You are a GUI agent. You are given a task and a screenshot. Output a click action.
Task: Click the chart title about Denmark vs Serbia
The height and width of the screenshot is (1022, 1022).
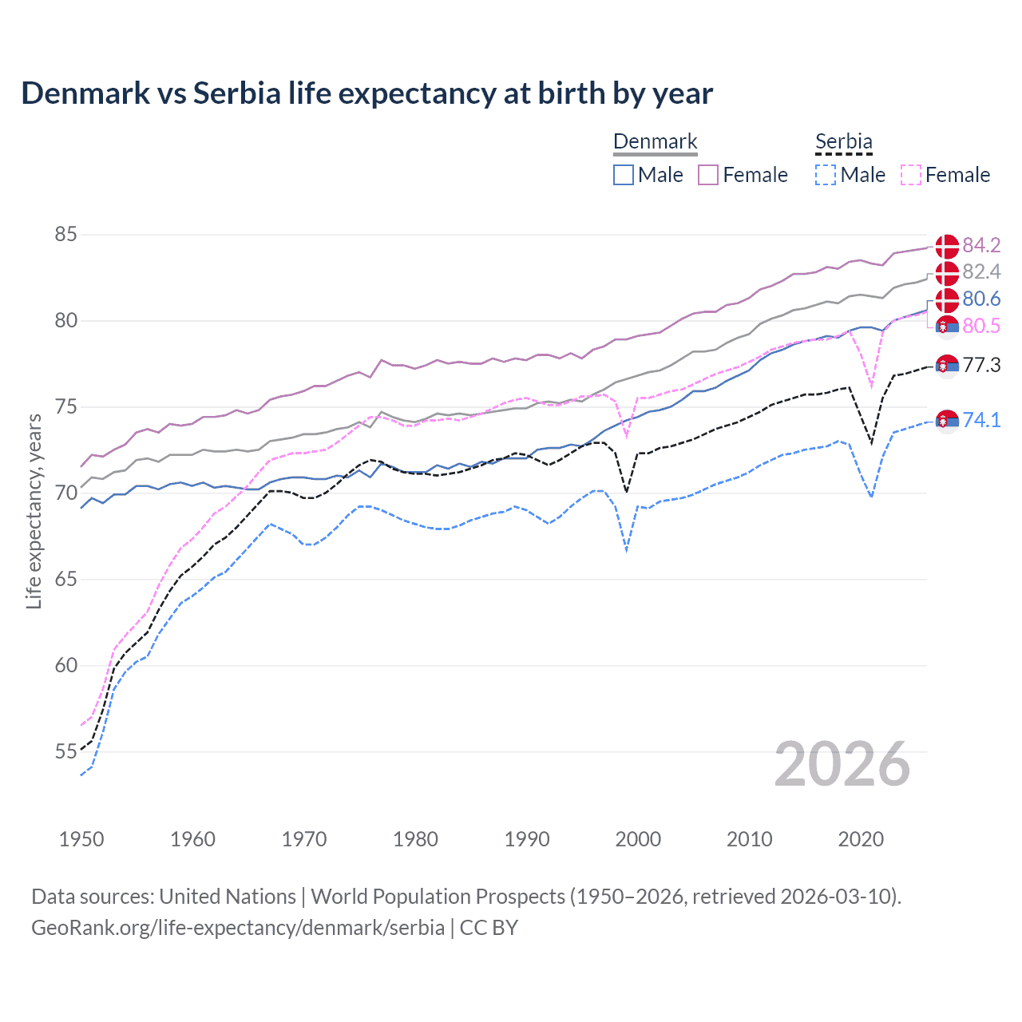click(x=366, y=93)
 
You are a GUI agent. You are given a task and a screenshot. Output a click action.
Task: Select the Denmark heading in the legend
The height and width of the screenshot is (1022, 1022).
click(x=655, y=141)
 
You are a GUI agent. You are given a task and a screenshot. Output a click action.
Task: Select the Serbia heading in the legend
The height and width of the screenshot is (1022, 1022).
click(x=843, y=141)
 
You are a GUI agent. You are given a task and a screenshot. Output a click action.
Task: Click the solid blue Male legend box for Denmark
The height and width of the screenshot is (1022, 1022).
click(x=624, y=175)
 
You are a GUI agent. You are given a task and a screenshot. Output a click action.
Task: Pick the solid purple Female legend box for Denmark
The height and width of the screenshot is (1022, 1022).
click(x=708, y=175)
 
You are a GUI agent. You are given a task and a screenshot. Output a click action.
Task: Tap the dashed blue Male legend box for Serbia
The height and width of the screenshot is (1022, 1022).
click(x=826, y=175)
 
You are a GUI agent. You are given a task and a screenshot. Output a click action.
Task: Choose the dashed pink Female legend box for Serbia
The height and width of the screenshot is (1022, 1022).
click(x=910, y=175)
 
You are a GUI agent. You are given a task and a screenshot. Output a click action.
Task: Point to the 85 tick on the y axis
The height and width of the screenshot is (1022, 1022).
click(x=65, y=235)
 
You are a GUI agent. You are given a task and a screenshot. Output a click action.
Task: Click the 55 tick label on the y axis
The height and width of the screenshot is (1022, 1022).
click(x=65, y=751)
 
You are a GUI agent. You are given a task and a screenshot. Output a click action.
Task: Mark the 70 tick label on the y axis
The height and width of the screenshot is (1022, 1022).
click(x=65, y=493)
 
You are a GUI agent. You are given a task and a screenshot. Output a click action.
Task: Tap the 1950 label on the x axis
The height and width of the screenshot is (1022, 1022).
click(x=81, y=839)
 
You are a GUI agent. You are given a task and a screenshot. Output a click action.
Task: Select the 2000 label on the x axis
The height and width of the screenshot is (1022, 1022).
click(x=638, y=839)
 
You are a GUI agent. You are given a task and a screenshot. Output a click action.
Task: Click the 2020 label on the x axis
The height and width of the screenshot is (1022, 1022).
click(x=861, y=839)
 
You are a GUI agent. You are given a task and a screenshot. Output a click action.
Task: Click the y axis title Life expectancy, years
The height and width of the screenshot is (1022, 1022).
click(x=34, y=511)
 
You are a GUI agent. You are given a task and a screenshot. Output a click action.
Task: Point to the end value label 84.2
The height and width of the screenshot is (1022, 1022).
click(x=981, y=245)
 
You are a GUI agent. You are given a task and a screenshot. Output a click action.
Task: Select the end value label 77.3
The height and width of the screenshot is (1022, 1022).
click(x=981, y=366)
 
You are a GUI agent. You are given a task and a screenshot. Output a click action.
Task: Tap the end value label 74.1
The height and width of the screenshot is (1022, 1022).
click(x=981, y=420)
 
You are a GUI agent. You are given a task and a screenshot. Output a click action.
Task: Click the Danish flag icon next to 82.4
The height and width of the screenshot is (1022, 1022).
click(x=947, y=273)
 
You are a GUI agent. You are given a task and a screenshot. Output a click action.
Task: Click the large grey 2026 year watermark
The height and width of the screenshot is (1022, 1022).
click(x=842, y=764)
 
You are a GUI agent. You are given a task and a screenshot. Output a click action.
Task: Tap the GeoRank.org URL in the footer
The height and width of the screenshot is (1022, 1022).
click(x=238, y=928)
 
